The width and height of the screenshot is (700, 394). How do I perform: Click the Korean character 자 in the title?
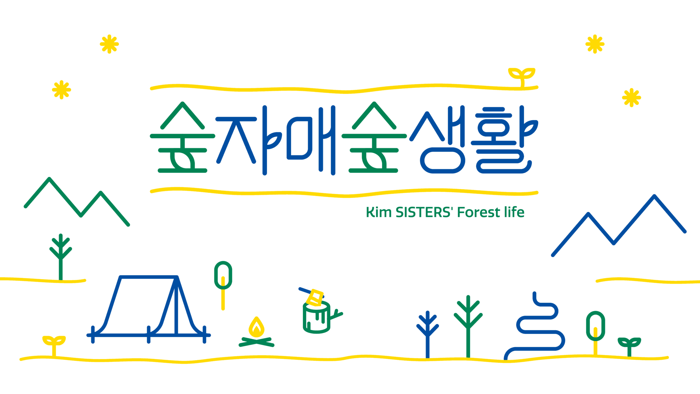point(248,140)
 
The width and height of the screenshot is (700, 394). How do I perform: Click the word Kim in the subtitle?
point(378,212)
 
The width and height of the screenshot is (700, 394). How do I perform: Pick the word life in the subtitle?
point(514,212)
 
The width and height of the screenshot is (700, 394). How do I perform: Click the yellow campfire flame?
point(256,328)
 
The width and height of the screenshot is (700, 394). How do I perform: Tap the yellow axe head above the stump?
point(315,298)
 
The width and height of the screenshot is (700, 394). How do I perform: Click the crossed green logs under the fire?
point(256,342)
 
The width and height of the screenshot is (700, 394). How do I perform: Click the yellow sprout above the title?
point(522,75)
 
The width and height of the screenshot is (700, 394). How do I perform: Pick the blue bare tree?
point(428,332)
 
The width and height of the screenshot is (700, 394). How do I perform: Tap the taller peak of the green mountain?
point(49,179)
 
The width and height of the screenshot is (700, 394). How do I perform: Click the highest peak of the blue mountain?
point(654,196)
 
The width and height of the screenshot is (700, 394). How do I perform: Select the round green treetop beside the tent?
point(223,275)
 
